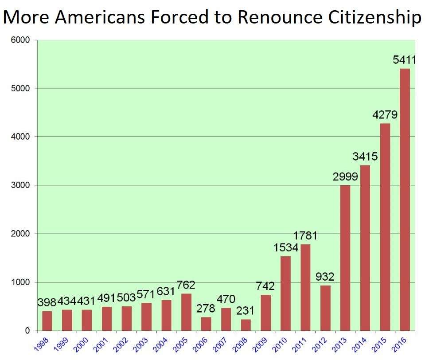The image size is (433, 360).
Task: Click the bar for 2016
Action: (405, 200)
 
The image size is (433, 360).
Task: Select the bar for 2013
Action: (345, 258)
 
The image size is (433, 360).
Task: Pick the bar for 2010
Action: (285, 293)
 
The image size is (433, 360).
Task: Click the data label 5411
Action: (405, 59)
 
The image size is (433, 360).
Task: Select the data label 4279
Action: (384, 114)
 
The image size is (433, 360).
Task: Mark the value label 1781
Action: (305, 235)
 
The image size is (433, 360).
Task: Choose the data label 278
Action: (206, 308)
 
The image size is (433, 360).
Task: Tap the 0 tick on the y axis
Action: (27, 330)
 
